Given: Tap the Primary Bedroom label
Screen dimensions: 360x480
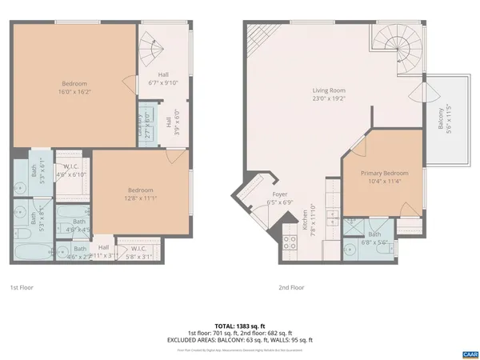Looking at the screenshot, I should click(x=377, y=174).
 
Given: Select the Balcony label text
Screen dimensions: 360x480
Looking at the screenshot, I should click(x=439, y=119).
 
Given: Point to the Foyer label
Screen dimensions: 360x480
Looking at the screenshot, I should click(x=279, y=194).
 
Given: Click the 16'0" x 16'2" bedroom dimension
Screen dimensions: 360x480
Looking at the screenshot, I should click(x=74, y=92).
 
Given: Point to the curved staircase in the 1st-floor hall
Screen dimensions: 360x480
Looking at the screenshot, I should click(x=151, y=50).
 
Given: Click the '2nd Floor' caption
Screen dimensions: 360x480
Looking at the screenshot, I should click(x=291, y=287).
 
